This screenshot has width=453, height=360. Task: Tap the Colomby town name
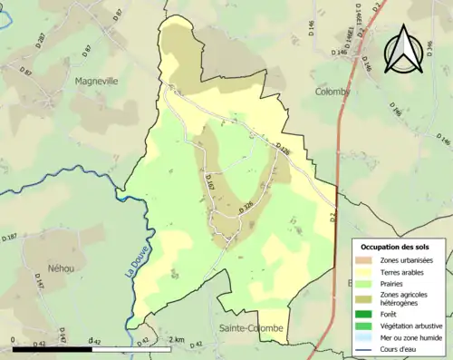332,92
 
